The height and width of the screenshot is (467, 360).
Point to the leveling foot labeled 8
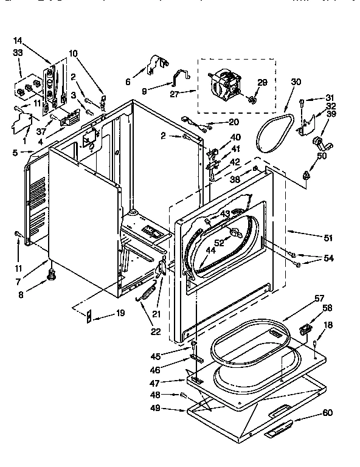pos(52,277)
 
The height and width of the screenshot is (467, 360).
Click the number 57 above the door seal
pos(319,298)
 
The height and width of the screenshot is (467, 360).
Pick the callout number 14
pos(18,40)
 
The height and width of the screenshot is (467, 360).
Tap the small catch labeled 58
pos(305,329)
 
